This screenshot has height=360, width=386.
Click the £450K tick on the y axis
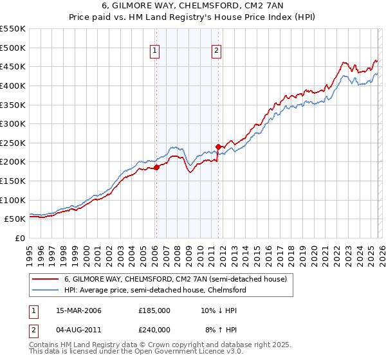[13, 66]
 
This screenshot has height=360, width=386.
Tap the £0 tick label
[19, 238]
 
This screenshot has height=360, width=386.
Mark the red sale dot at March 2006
[156, 168]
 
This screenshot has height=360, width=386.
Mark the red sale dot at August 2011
[217, 147]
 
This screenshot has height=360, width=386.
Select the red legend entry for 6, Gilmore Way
[179, 279]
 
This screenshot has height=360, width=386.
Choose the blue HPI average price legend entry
[155, 290]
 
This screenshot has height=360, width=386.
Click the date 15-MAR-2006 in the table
[78, 310]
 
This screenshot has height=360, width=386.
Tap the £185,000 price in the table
[154, 310]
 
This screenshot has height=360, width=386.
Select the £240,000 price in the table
[154, 329]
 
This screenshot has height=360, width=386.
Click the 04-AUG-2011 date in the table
[78, 329]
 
